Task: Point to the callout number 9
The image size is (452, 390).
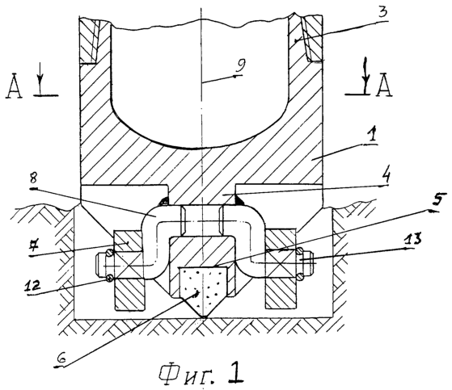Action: click(x=240, y=66)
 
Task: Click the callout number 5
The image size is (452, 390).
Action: click(x=437, y=200)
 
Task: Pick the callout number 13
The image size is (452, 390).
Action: click(x=413, y=239)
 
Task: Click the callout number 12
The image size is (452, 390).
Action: click(x=32, y=287)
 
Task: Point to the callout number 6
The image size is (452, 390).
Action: click(x=61, y=359)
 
